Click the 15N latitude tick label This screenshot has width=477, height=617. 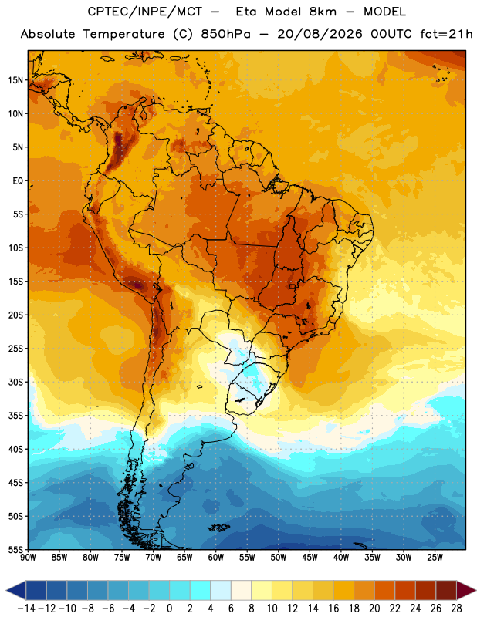[15, 80]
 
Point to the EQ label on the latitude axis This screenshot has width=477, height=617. [18, 181]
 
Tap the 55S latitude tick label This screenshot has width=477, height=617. [15, 549]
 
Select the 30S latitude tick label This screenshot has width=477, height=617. [15, 382]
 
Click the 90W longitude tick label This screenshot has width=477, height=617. [28, 557]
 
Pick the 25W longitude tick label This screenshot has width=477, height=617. [435, 557]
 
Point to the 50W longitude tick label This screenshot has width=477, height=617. [279, 557]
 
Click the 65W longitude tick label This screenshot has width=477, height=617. [184, 557]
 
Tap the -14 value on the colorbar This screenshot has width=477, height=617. [26, 609]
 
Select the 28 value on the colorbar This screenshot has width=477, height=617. [456, 609]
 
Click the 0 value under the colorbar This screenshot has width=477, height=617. [169, 609]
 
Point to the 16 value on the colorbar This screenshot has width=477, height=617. [333, 609]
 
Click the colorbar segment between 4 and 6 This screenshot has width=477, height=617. [221, 590]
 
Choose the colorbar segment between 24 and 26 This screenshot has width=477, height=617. [426, 590]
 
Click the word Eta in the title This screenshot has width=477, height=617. [246, 12]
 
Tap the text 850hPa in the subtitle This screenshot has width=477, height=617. [225, 34]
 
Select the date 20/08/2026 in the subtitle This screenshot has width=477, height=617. [320, 34]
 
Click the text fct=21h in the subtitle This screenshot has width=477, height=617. [446, 34]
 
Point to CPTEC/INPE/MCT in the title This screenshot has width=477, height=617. [145, 12]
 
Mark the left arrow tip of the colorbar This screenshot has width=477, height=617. [6, 590]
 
